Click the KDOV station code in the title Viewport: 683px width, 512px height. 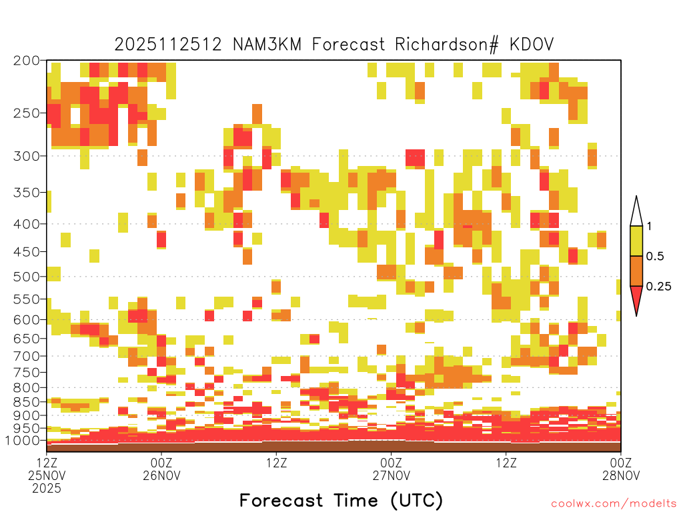(532, 45)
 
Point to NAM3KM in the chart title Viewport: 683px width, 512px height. (267, 45)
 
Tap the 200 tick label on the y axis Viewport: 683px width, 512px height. (27, 61)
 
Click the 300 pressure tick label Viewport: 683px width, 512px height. (27, 156)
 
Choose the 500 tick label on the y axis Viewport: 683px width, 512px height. (27, 277)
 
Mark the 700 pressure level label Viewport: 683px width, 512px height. (27, 356)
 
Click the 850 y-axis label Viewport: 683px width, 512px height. (27, 402)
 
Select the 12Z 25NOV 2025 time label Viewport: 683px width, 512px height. (47, 475)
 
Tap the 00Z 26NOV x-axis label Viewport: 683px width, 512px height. (161, 469)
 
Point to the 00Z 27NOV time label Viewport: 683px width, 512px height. (391, 469)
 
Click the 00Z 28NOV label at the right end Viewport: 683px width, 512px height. (621, 469)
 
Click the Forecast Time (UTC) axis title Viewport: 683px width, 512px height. (341, 501)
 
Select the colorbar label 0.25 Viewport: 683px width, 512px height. (658, 287)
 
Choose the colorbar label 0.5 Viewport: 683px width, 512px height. (655, 256)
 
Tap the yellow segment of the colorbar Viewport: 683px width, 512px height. (636, 241)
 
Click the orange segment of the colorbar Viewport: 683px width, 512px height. (636, 271)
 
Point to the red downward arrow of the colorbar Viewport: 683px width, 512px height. (636, 298)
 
